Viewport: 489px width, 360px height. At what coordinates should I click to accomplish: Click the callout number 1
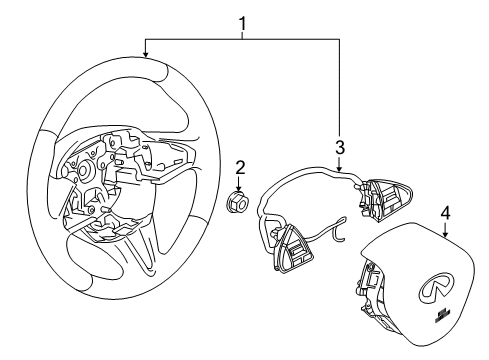(x=243, y=24)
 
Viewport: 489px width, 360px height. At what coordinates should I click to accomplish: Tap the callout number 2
(x=240, y=168)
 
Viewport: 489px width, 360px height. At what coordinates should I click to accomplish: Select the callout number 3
(x=339, y=147)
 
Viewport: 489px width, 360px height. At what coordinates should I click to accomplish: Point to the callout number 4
(x=445, y=213)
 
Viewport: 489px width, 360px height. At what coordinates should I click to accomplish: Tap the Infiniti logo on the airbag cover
(x=434, y=287)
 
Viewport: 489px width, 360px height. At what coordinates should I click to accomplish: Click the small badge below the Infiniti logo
(x=442, y=315)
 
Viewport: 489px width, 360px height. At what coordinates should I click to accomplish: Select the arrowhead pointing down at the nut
(x=239, y=188)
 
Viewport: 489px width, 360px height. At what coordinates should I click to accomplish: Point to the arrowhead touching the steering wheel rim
(x=145, y=53)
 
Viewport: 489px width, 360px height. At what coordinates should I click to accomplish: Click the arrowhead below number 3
(x=339, y=168)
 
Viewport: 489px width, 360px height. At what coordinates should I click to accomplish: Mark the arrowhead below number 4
(x=445, y=234)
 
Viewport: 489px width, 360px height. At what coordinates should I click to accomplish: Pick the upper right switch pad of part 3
(x=387, y=199)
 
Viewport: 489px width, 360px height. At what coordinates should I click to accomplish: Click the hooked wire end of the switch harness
(x=339, y=231)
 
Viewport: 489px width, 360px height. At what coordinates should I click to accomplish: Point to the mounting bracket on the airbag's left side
(x=369, y=283)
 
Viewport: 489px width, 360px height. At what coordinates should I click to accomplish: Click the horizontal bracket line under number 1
(x=242, y=39)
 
